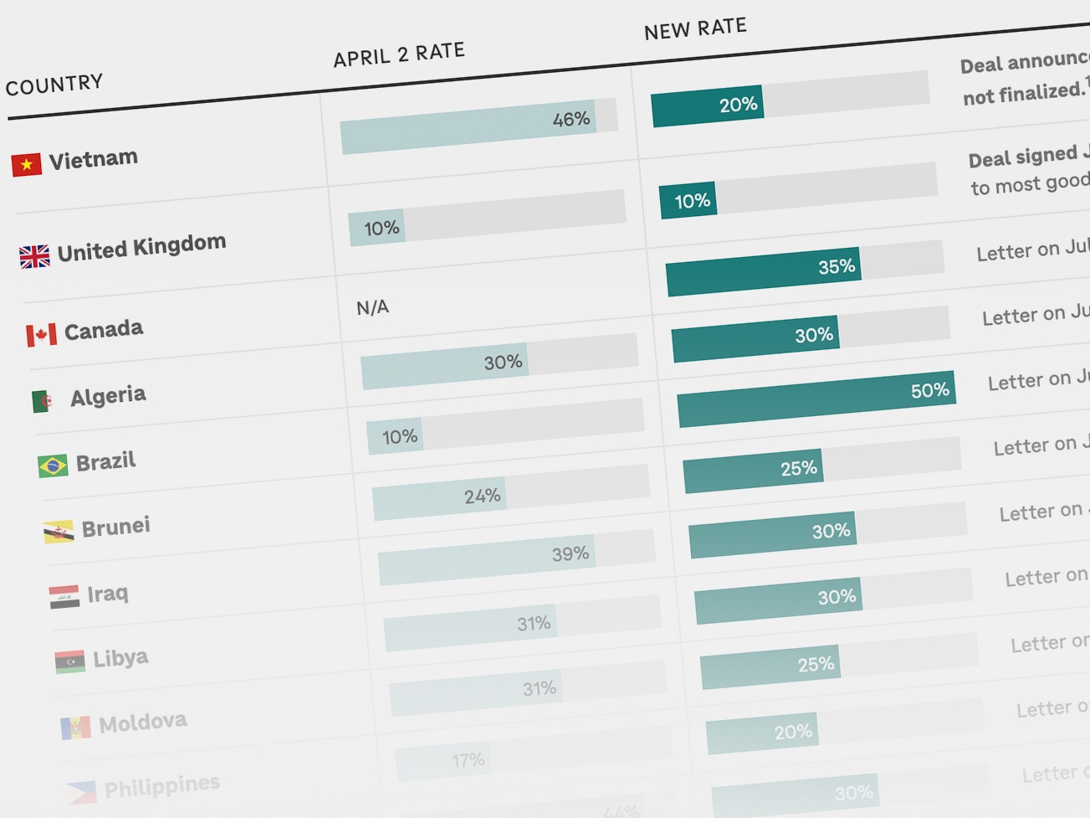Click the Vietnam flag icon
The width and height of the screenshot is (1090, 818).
click(x=26, y=164)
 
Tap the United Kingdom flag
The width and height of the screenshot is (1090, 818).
click(x=34, y=255)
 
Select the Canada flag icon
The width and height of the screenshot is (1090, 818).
click(x=41, y=335)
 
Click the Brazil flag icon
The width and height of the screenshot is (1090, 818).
click(x=53, y=465)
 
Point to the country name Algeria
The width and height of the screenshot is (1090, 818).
click(x=108, y=395)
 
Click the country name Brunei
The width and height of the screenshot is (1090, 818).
click(x=115, y=527)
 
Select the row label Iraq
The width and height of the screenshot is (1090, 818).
click(x=108, y=594)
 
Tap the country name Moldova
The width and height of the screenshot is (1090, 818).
click(x=142, y=722)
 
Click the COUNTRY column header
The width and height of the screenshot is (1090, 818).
click(x=54, y=84)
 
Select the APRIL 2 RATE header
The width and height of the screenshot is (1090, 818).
click(x=399, y=54)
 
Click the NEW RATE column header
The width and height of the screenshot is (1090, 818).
click(x=695, y=29)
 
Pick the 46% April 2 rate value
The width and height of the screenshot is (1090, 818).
click(x=571, y=120)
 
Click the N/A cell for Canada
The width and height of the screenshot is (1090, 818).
click(x=372, y=307)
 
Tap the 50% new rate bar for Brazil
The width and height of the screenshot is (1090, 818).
click(x=816, y=399)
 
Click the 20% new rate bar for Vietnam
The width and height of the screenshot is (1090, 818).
click(x=707, y=106)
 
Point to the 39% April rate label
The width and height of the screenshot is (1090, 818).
click(x=570, y=554)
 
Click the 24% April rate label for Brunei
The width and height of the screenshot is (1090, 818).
click(x=482, y=496)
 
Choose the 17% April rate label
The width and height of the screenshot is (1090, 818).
click(x=468, y=760)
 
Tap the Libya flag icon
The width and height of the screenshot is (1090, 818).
click(x=70, y=661)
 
